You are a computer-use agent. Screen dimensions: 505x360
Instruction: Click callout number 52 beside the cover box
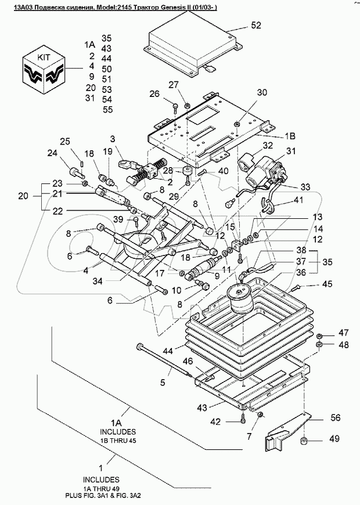(256, 26)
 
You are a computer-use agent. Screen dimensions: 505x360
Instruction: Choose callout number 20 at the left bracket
(23, 196)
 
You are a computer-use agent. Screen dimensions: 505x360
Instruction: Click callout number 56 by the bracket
(336, 417)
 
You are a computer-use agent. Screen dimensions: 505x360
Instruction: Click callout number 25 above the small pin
(65, 142)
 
